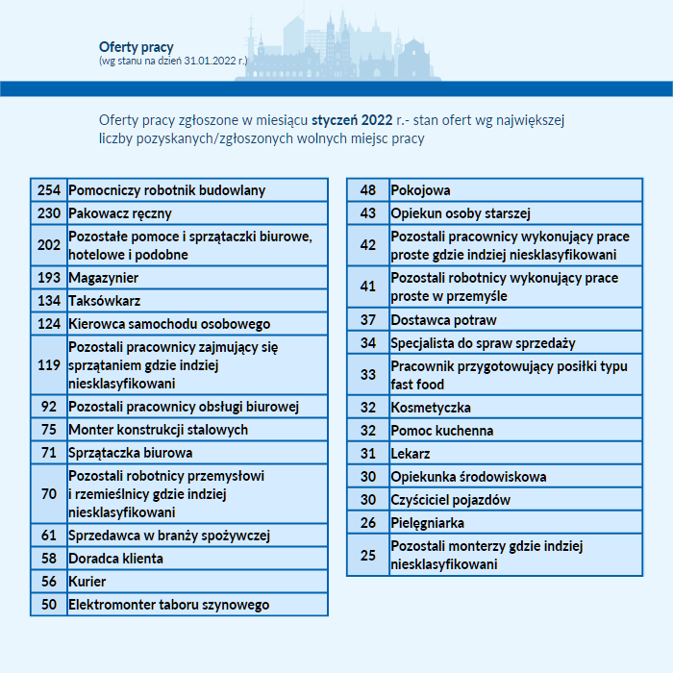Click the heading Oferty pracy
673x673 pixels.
[136, 47]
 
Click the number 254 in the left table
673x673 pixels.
[49, 190]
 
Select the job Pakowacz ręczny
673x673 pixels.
[120, 213]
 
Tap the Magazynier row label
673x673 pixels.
[104, 278]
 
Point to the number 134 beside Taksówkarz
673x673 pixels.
[49, 301]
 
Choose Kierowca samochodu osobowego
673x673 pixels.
[169, 324]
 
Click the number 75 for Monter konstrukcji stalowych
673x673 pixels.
[49, 430]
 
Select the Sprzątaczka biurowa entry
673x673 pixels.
[131, 453]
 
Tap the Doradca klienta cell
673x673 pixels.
[116, 559]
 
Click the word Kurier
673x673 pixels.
[87, 582]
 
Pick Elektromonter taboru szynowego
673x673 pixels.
[169, 605]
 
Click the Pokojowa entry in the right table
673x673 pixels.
[420, 190]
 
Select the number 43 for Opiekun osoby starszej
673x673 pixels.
[368, 213]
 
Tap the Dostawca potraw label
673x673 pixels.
[443, 320]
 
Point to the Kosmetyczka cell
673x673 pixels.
[431, 408]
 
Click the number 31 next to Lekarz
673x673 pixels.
[368, 454]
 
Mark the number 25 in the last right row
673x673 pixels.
[368, 555]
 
